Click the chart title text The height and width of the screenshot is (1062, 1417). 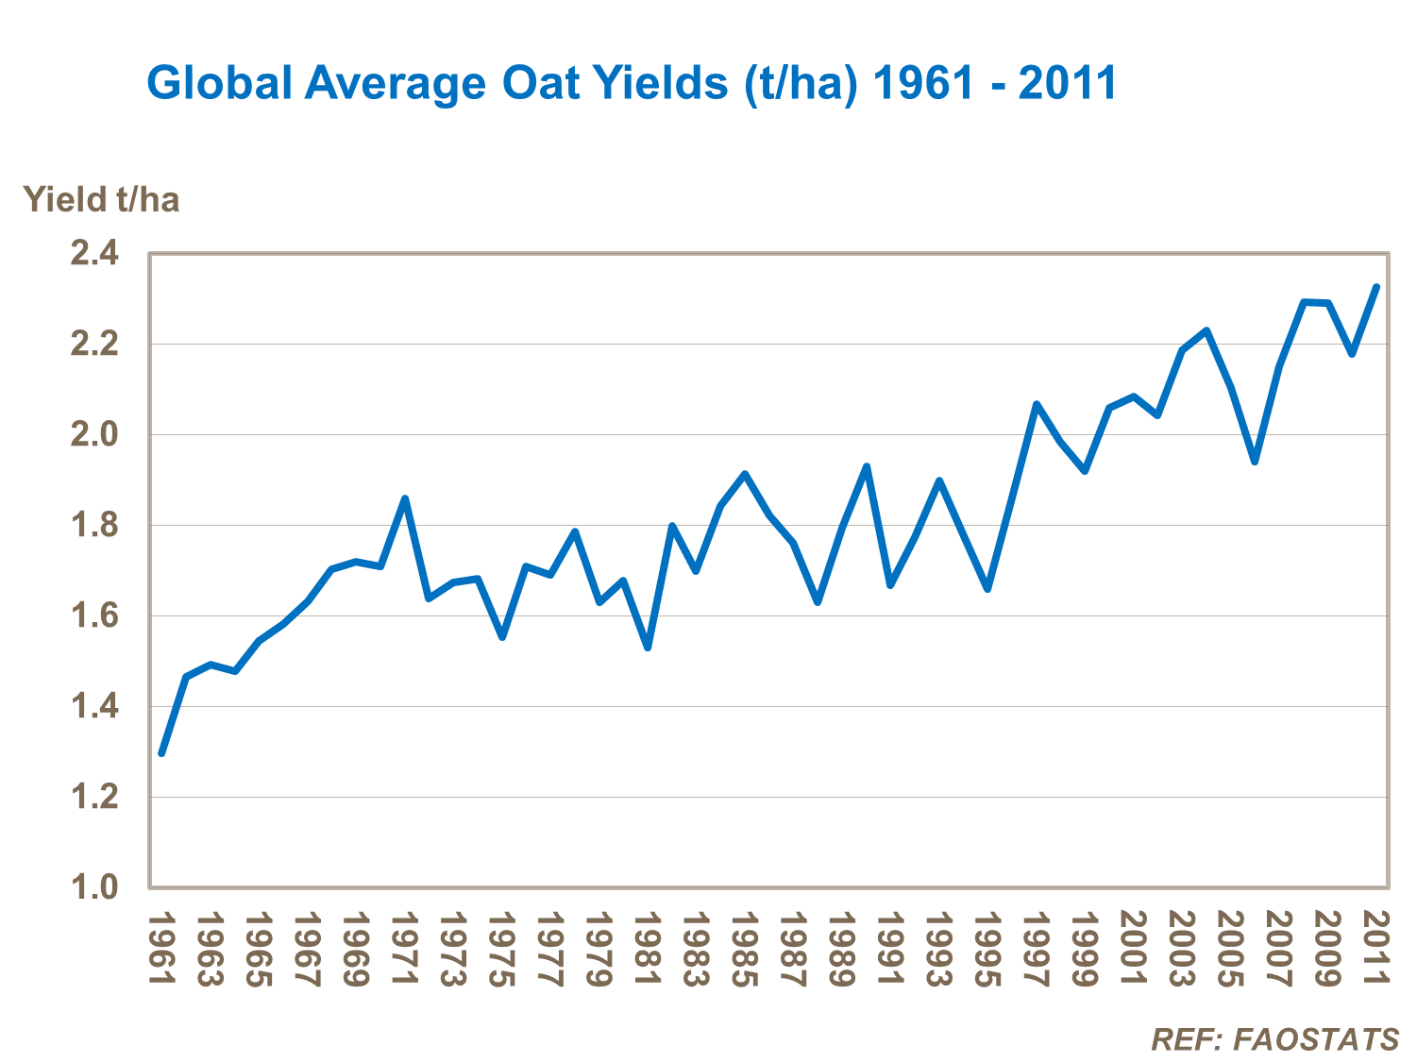coord(632,83)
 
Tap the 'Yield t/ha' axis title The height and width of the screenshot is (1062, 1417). coord(101,200)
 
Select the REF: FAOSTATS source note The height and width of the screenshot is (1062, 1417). coord(1274,1039)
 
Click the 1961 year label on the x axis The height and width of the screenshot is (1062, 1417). coord(162,949)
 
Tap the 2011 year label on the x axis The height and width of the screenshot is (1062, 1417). coord(1377,949)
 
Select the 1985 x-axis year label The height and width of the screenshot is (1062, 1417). coord(745,949)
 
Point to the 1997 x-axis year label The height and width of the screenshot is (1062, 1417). coord(1037,949)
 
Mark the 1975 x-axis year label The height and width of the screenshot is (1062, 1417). coord(502,949)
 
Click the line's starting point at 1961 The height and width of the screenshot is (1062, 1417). coord(161,753)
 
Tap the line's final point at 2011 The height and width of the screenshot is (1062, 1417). coord(1376,287)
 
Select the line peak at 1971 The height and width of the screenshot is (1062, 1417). coord(405,498)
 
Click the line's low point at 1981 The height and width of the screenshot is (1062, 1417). coord(648,648)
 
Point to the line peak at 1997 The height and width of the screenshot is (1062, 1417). coord(1037,404)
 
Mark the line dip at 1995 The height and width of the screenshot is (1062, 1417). coord(987,589)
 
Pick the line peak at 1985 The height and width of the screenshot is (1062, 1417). coord(745,474)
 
